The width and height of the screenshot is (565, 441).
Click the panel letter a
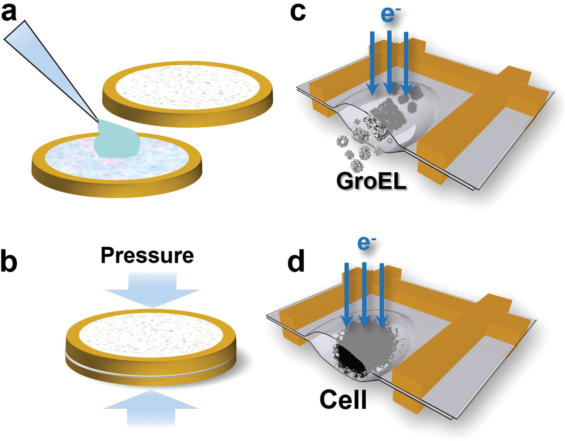[x=9, y=12]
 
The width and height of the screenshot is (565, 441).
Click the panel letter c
[x=298, y=12]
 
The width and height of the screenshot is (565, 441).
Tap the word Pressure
[x=147, y=256]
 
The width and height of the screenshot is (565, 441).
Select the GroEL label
[x=371, y=181]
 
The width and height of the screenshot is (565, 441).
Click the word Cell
[x=343, y=400]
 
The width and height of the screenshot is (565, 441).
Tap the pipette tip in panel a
[x=97, y=120]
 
